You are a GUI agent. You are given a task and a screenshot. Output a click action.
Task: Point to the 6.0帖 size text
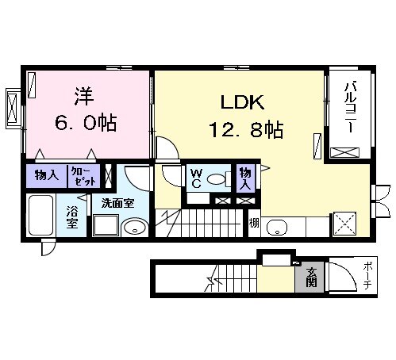pos(87,122)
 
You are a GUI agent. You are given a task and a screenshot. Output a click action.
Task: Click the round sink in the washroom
pos(136,226)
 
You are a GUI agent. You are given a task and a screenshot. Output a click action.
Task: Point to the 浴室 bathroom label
pos(72,217)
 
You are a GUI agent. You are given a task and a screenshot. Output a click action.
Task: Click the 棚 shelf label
pos(253,223)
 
